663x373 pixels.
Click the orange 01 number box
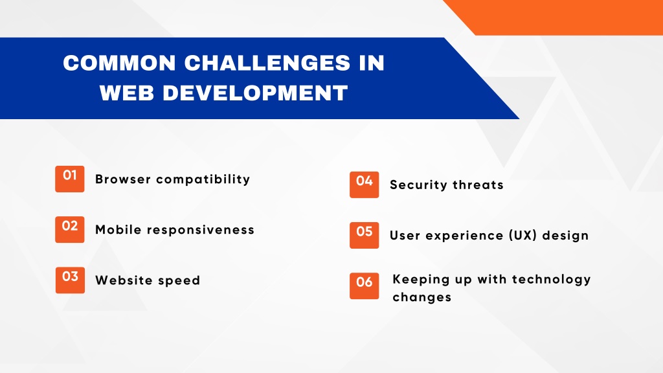(70, 179)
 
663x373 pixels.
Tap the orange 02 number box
(70, 230)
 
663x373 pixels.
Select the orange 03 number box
(70, 280)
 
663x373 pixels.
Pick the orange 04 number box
(364, 185)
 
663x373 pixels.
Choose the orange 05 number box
(364, 235)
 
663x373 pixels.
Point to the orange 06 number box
(364, 286)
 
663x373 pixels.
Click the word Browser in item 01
(123, 179)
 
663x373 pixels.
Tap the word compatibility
(203, 180)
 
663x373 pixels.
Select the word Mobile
(118, 230)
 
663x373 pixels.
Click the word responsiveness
(201, 230)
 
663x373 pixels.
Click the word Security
(418, 185)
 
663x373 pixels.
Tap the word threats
(478, 185)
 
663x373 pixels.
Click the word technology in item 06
(552, 280)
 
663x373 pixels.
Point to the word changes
(422, 298)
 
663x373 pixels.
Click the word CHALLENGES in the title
(267, 63)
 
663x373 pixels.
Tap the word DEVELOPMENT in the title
(255, 93)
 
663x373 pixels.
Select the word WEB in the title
(127, 93)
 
